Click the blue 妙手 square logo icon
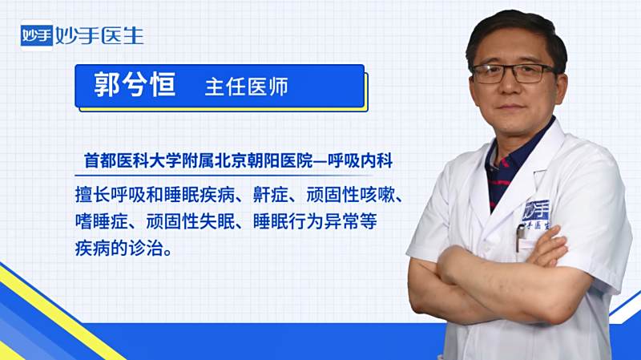tap(37, 35)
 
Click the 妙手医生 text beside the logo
tap(99, 36)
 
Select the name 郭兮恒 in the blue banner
tap(135, 85)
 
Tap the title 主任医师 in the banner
tap(247, 87)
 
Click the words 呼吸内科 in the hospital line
tap(360, 161)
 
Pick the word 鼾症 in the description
tap(271, 195)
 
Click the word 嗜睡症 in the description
tap(102, 222)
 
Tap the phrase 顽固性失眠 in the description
tap(191, 222)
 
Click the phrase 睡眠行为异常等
tap(315, 222)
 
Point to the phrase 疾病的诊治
tap(119, 249)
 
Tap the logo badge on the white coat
tap(536, 215)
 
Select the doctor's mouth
tap(510, 107)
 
